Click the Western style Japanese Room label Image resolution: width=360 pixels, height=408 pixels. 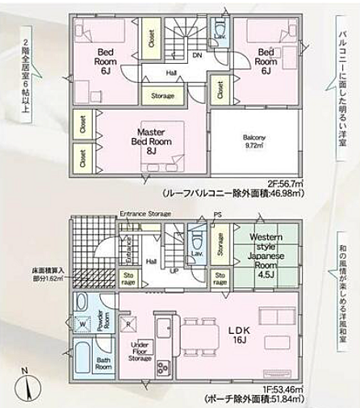click(266, 252)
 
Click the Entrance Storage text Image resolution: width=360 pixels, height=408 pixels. click(146, 213)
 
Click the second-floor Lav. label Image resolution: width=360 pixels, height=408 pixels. click(220, 37)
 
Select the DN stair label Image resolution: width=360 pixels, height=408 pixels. click(197, 56)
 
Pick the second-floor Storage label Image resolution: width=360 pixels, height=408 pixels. click(161, 96)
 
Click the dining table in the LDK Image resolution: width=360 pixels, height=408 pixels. click(200, 336)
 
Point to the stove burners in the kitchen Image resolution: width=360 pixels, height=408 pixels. click(162, 368)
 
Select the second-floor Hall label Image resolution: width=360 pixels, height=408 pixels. click(171, 72)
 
